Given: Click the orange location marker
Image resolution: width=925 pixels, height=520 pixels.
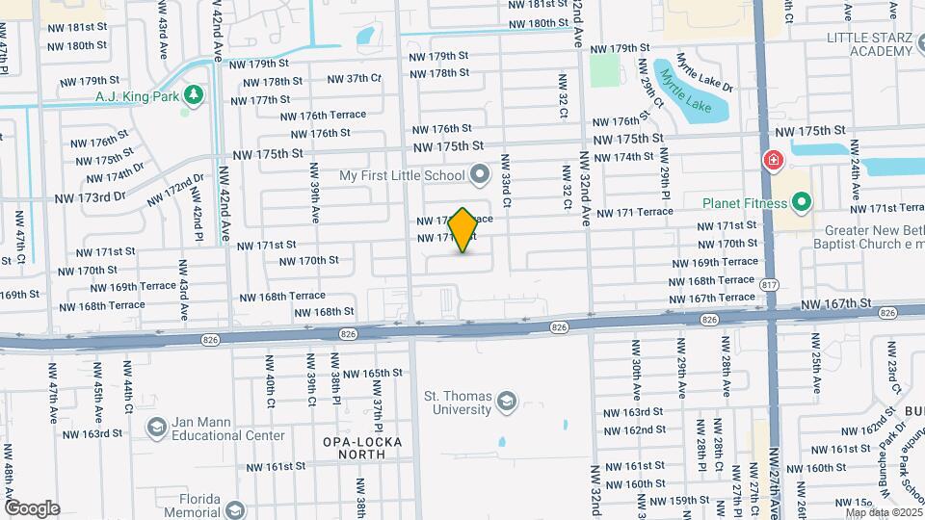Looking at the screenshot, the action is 462,230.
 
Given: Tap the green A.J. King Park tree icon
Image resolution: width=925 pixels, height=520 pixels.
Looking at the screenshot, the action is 195,95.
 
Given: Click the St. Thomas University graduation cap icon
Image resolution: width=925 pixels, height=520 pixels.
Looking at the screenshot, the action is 506,400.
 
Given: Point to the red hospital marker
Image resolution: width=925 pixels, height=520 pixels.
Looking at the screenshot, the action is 772,161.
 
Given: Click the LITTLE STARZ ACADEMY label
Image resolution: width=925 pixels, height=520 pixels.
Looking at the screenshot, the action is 875,44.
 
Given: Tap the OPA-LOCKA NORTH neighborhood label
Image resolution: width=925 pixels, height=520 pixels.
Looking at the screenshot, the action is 362,449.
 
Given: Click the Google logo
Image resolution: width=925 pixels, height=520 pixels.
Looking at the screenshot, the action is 31,507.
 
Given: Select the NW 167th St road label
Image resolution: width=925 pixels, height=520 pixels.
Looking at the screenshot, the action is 835,303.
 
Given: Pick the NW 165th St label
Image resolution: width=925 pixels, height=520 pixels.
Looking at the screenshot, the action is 369,373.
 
